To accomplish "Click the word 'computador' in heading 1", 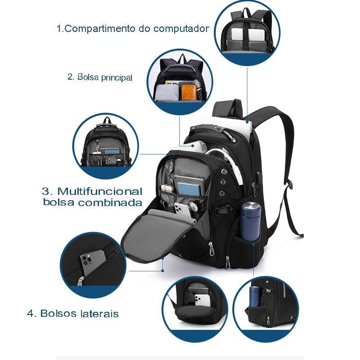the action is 181,29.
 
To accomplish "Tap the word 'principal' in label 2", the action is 117,77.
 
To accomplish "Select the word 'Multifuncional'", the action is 99,191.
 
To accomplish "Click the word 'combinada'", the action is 110,202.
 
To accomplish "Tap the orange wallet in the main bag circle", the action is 189,92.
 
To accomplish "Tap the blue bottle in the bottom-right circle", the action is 254,296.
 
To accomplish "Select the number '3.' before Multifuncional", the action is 47,191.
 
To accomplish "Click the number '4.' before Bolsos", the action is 31,313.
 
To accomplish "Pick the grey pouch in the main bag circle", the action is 167,92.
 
